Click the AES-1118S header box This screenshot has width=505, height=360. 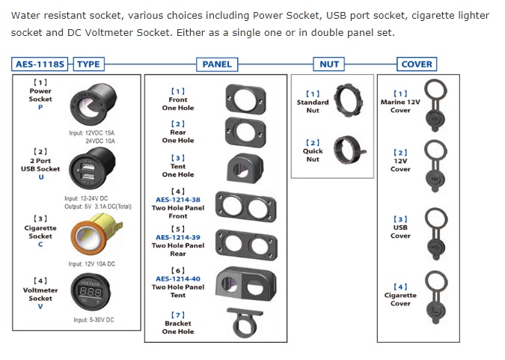click(40, 64)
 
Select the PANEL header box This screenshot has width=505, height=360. click(217, 64)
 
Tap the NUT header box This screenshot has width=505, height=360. click(329, 64)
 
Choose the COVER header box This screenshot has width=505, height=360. click(417, 64)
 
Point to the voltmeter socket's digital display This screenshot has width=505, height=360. click(91, 293)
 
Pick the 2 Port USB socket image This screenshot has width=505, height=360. click(92, 168)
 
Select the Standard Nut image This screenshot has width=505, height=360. click(348, 100)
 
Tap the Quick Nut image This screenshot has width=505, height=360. click(349, 150)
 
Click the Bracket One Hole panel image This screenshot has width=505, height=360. click(245, 323)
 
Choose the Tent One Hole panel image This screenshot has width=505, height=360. click(245, 168)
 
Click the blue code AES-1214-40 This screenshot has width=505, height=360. click(178, 278)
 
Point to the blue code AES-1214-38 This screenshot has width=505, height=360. click(178, 200)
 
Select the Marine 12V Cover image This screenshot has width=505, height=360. click(435, 105)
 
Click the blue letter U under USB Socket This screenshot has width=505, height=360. click(41, 177)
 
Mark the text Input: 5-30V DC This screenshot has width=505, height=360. click(94, 320)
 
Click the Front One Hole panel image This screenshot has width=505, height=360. click(245, 100)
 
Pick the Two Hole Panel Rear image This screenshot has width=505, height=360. click(246, 245)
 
